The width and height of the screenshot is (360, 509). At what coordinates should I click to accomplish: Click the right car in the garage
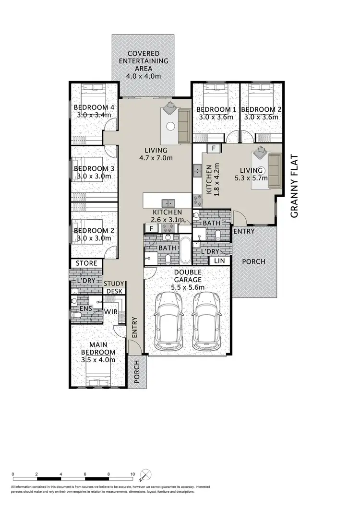[207, 320]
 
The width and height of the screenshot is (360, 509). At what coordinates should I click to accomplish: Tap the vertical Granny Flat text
[294, 186]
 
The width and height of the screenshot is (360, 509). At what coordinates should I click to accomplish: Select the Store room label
[87, 263]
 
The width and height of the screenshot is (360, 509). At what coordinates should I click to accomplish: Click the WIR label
[111, 311]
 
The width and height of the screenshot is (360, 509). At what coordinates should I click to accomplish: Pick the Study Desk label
[115, 287]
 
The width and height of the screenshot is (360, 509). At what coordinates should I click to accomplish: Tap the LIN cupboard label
[220, 260]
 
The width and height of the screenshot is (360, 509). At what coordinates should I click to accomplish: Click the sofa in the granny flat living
[274, 171]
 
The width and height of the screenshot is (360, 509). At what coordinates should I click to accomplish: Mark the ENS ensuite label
[86, 308]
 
